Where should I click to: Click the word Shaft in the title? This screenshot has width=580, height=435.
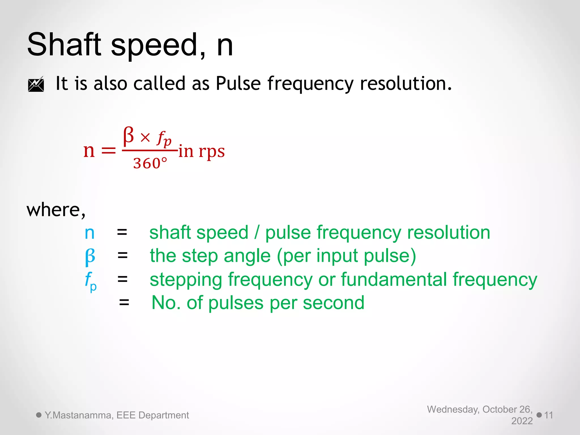click(64, 45)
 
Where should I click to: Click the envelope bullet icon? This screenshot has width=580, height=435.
click(36, 84)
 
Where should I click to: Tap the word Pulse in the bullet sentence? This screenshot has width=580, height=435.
click(238, 84)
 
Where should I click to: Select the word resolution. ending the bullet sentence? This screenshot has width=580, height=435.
click(406, 84)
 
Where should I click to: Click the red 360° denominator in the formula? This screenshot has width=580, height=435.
click(150, 163)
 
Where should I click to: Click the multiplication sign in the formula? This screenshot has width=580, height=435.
click(145, 138)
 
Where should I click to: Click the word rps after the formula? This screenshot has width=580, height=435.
click(212, 152)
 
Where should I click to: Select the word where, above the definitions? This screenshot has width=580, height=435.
click(56, 210)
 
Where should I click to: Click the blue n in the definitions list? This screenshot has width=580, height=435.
click(89, 233)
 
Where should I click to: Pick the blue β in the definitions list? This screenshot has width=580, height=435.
click(90, 257)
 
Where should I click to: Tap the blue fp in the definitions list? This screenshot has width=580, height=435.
click(91, 281)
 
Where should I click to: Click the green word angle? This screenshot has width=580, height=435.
click(247, 256)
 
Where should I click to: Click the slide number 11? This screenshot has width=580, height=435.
click(549, 415)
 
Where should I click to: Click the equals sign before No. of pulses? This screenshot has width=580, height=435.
click(124, 303)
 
